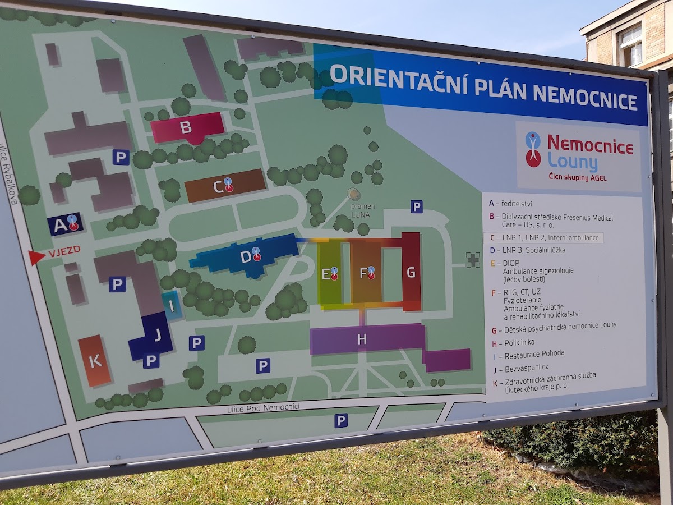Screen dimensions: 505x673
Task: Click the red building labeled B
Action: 187,128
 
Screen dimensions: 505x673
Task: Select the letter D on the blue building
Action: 246,257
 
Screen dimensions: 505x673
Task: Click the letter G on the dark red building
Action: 411,272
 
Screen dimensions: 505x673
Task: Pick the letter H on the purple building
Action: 362,339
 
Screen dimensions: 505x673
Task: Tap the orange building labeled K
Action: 95,361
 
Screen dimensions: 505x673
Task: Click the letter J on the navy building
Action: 158,335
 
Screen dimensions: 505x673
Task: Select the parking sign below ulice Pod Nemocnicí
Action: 341,420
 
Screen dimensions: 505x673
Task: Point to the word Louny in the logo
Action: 573,163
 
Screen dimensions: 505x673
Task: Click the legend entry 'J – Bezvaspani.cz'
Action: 519,369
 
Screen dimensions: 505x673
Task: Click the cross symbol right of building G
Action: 473,259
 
